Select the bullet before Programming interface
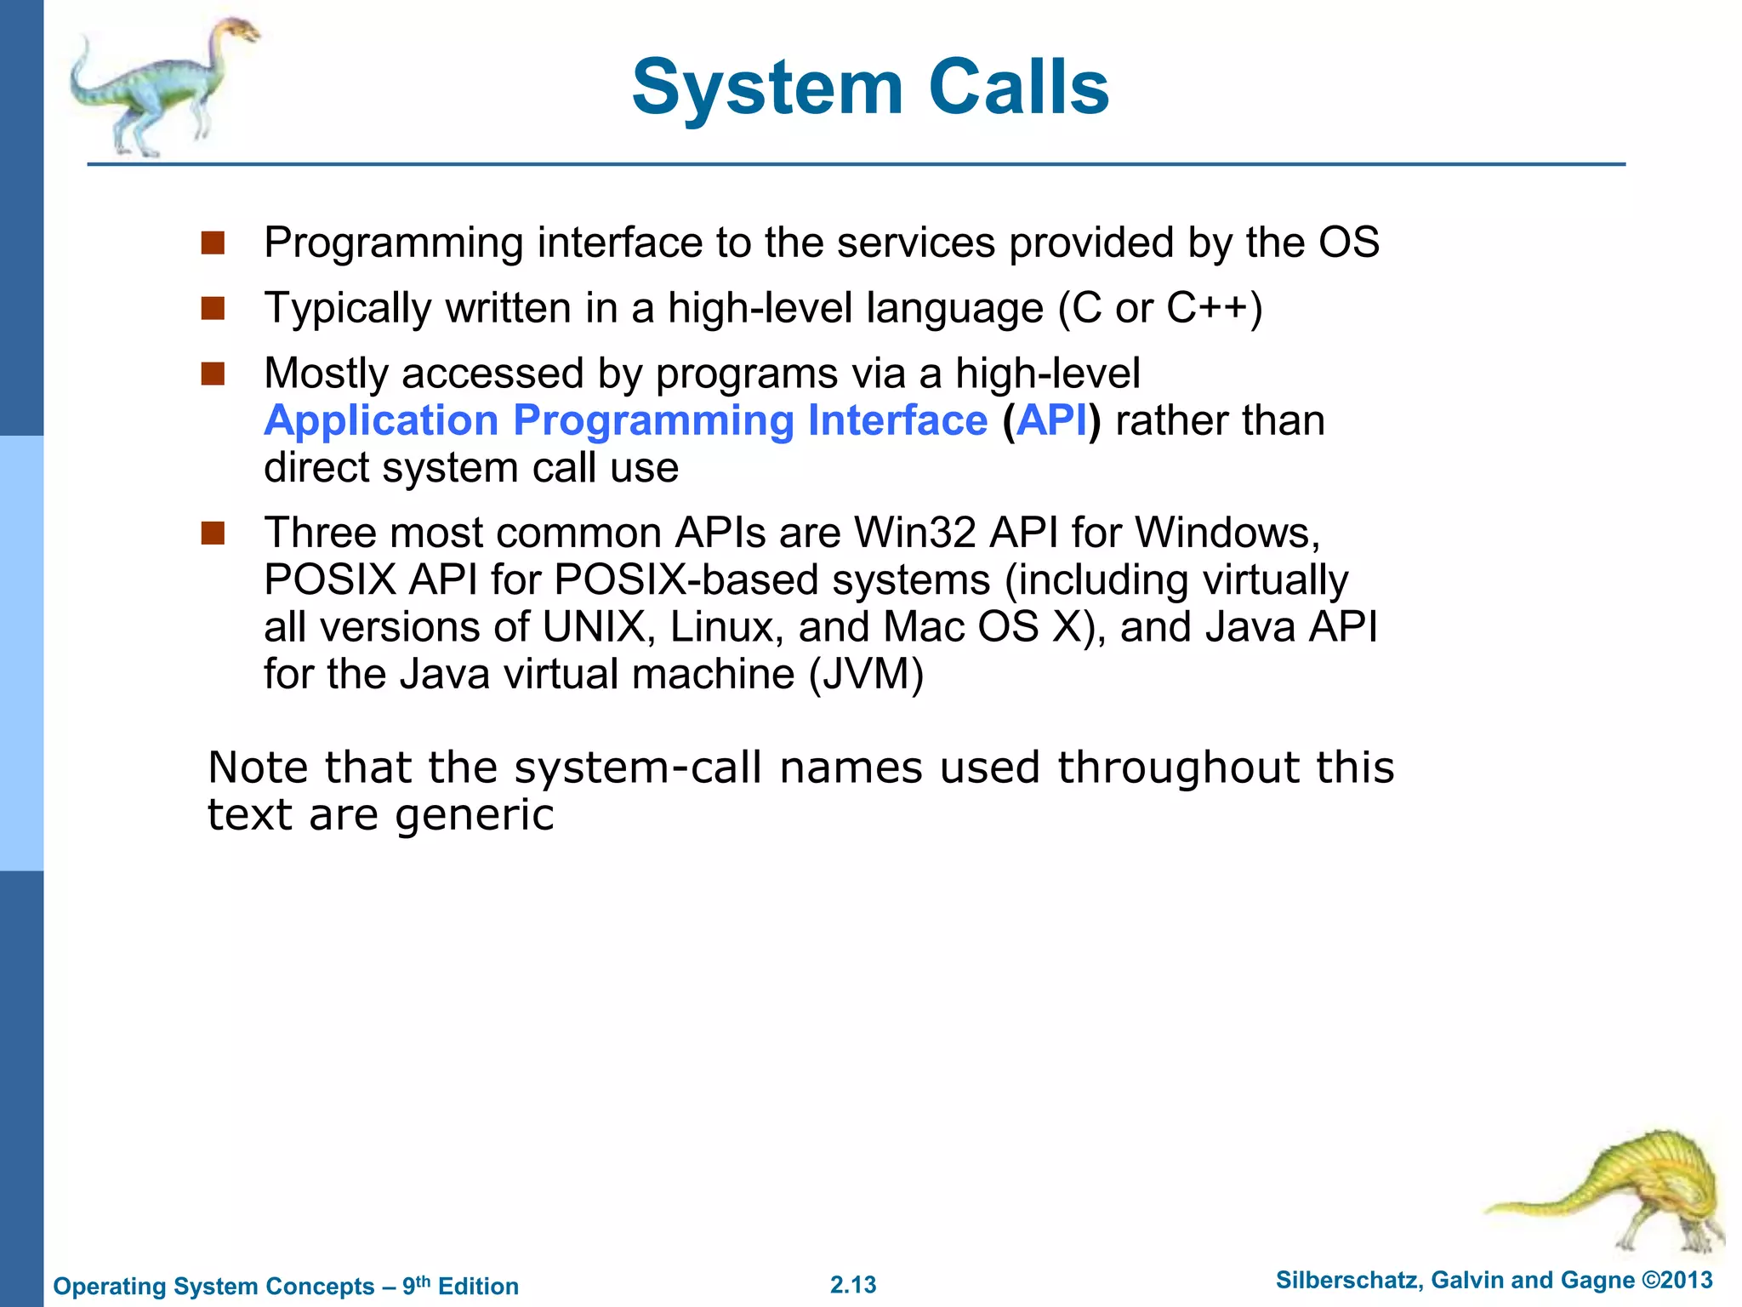point(213,243)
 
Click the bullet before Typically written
point(213,308)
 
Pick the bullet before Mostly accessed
point(213,374)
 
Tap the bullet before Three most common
point(213,534)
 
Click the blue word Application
point(381,421)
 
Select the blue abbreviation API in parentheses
point(1051,421)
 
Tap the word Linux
point(726,628)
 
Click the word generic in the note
point(475,815)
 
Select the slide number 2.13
point(853,1285)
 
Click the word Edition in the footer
point(478,1287)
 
